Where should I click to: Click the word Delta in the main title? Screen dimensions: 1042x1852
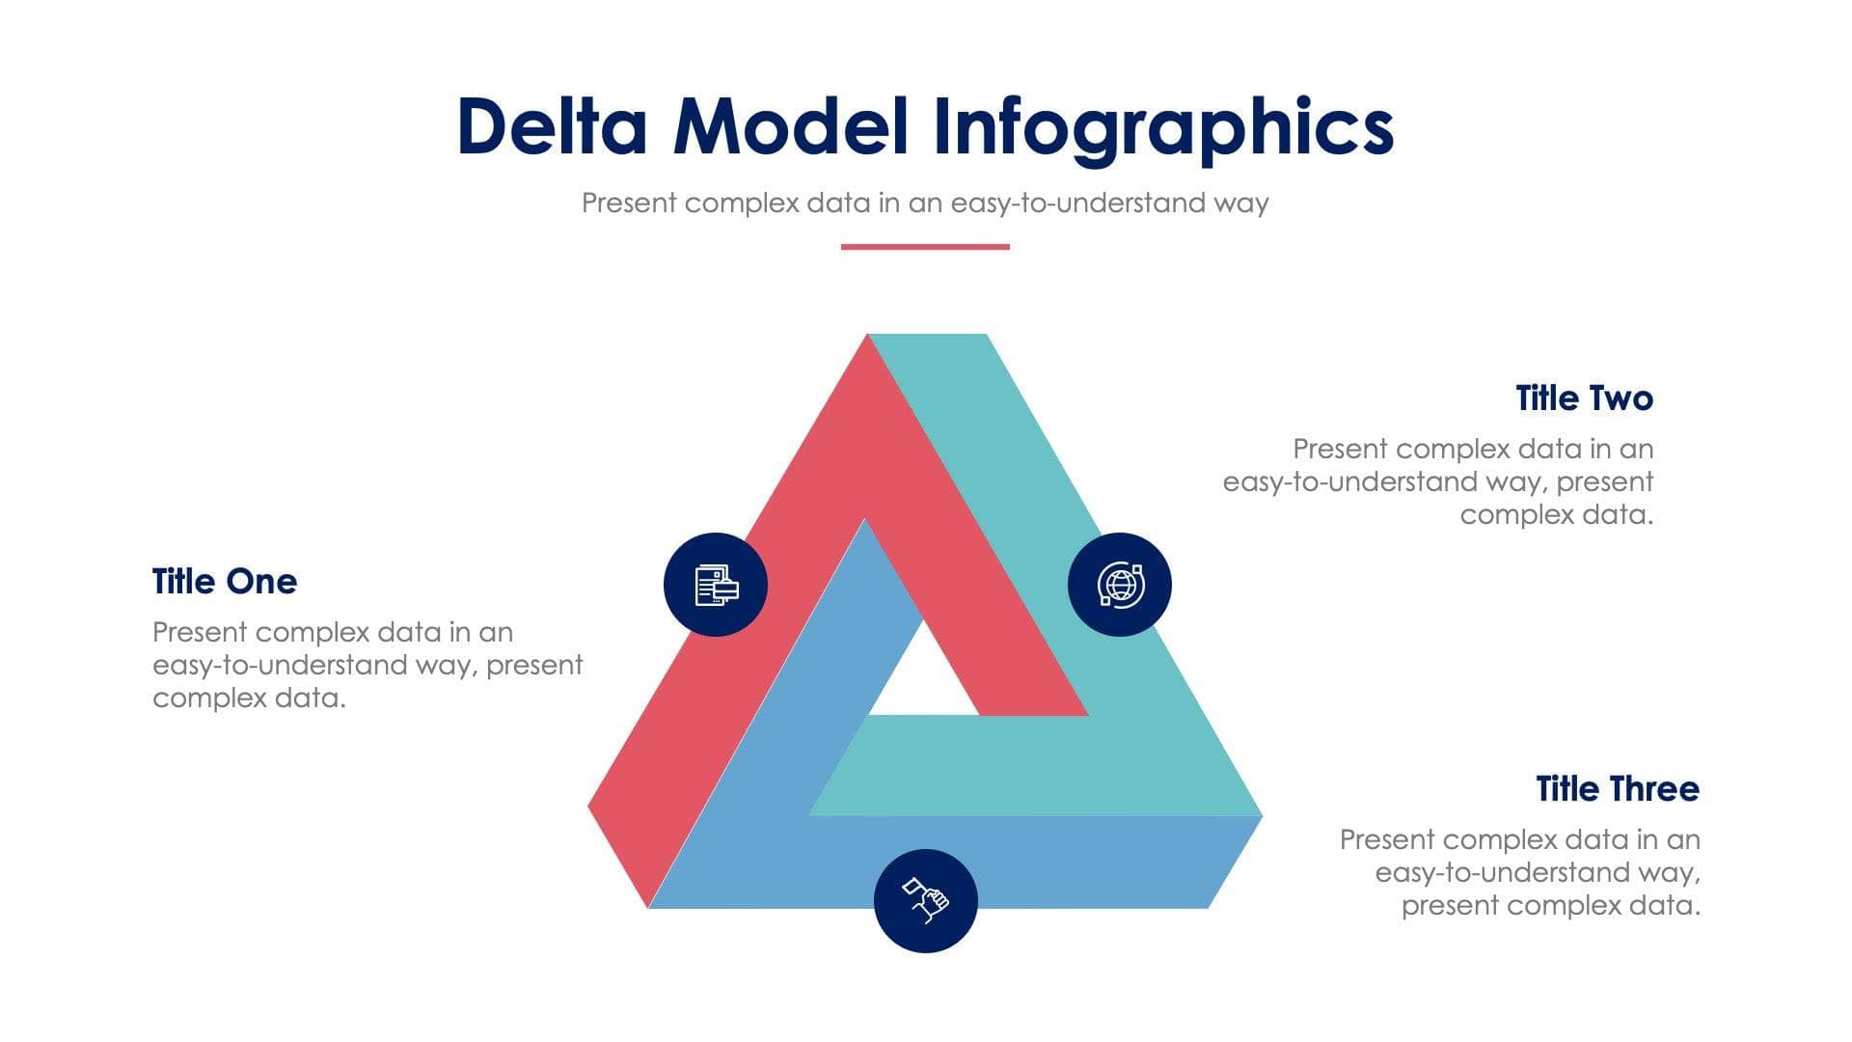tap(552, 126)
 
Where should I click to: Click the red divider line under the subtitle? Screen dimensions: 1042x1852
tap(925, 247)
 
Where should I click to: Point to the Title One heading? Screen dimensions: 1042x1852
tap(225, 582)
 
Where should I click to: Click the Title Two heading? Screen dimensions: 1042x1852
tap(1584, 398)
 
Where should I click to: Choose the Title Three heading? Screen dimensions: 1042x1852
tap(1618, 789)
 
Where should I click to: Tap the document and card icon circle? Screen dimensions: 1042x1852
tap(716, 585)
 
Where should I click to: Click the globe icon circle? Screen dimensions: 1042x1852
tap(1120, 585)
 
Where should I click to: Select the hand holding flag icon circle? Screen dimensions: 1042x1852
tap(926, 901)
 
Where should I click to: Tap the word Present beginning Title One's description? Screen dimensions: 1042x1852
tap(200, 633)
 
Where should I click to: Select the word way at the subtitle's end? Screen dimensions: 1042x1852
tap(1240, 205)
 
